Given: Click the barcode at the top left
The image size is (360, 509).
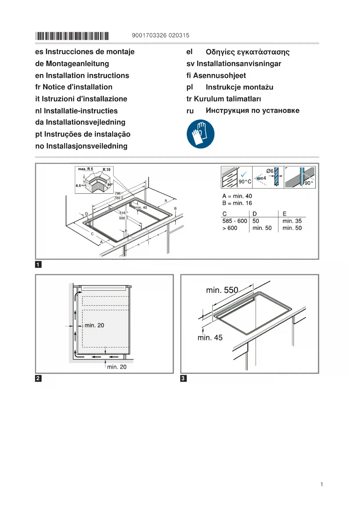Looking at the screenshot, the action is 72,36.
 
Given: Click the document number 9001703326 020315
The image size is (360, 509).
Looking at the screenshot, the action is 160,35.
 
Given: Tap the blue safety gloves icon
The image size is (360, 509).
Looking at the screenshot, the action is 200,134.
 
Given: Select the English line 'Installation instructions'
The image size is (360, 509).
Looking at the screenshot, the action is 87,75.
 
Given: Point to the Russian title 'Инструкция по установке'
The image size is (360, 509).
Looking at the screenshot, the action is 252,111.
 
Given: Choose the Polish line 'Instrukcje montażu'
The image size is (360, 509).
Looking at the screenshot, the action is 239,87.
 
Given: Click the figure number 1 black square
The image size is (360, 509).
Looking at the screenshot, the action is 38,264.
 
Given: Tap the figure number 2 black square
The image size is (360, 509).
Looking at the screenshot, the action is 38,378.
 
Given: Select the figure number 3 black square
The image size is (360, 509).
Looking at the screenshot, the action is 183,378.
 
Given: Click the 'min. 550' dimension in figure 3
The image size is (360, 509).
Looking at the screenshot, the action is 222,290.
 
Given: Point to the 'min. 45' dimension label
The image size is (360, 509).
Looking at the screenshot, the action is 210,337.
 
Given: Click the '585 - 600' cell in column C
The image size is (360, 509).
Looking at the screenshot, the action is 235,221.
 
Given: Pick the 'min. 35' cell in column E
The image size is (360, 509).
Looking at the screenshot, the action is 292,221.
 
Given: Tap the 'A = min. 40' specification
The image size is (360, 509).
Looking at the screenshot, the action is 237,196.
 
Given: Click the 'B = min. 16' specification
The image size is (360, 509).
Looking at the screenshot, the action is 237,203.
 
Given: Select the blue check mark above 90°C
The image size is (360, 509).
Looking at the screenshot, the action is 244,174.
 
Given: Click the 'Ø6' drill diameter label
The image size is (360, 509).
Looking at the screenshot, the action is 269,171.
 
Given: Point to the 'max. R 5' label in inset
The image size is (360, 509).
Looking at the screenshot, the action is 86,169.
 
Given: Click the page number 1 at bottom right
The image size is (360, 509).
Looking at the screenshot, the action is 322,484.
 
